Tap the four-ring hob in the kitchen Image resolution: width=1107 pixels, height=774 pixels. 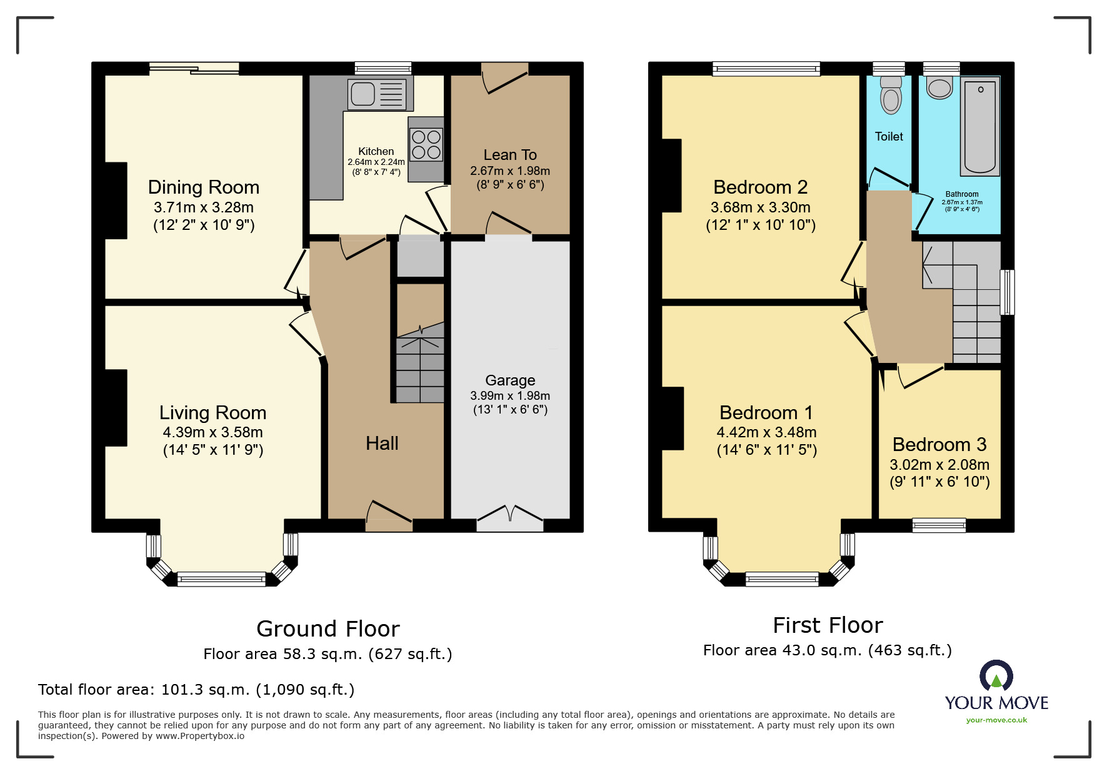click(x=426, y=145)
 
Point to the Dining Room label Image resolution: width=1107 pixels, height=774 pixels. click(x=203, y=187)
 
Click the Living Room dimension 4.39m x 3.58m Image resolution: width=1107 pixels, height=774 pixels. click(x=213, y=432)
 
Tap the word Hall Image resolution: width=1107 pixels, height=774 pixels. click(x=382, y=444)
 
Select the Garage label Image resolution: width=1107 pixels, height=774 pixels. click(x=510, y=380)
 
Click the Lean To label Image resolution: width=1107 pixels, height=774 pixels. click(x=510, y=155)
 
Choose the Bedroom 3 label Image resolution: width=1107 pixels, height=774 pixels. click(x=939, y=445)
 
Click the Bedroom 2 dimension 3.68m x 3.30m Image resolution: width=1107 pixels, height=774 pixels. click(x=760, y=207)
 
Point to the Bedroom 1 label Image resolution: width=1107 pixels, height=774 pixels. click(x=766, y=413)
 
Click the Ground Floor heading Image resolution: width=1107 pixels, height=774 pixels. click(x=328, y=629)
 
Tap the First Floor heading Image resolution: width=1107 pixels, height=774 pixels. click(x=828, y=625)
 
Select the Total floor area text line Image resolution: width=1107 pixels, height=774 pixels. click(x=196, y=690)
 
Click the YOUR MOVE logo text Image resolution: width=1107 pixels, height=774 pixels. click(x=996, y=703)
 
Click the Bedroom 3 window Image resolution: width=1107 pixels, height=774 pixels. click(x=939, y=525)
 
